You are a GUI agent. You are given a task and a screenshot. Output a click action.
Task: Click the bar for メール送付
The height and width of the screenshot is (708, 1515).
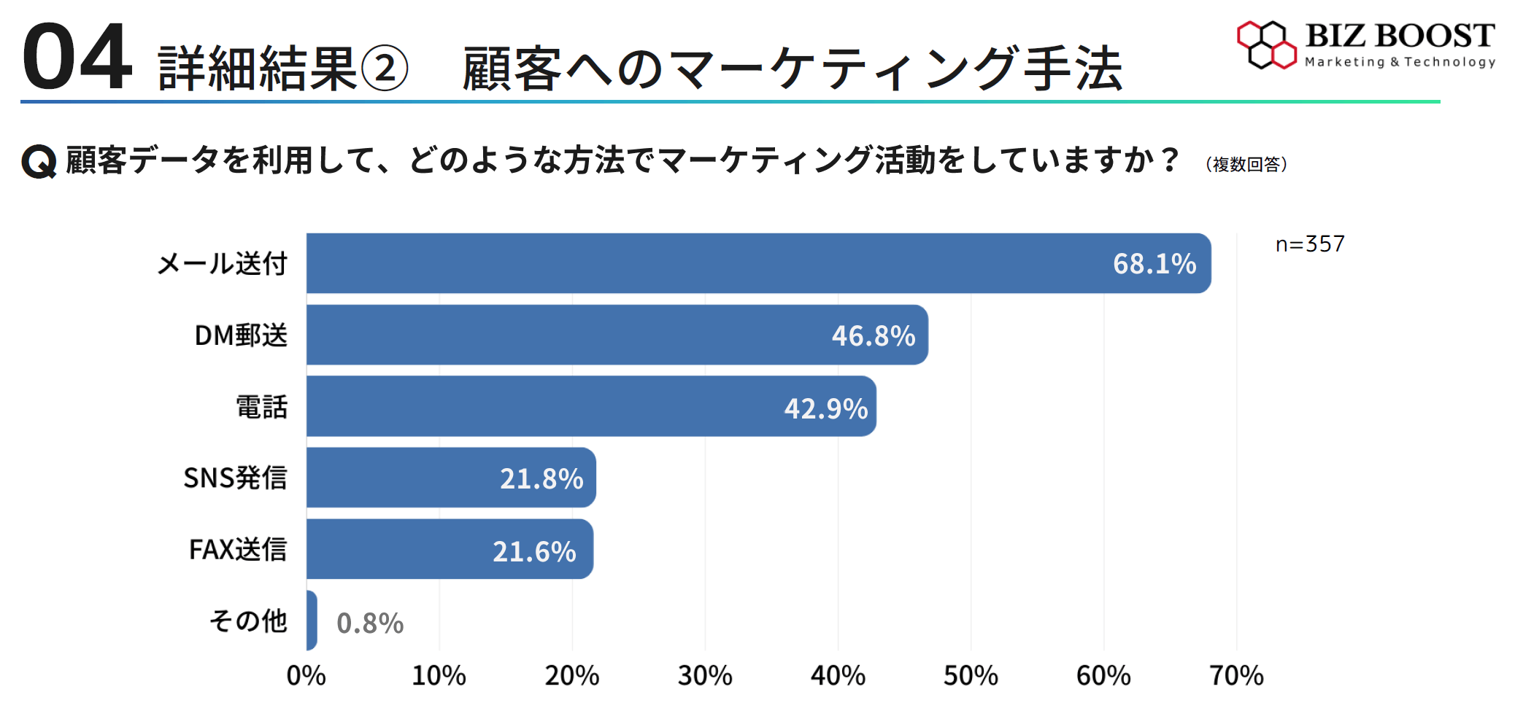coord(730,263)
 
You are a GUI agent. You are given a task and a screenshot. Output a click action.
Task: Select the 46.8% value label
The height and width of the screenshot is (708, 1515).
coord(873,336)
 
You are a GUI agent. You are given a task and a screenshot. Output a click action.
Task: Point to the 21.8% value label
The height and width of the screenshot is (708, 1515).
coord(541,479)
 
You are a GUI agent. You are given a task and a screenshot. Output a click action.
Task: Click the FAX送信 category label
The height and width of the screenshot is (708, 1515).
coord(238,549)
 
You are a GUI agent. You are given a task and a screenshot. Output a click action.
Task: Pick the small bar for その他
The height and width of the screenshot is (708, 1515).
coord(312,621)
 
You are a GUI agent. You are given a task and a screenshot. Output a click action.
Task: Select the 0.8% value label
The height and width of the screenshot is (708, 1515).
coord(370,623)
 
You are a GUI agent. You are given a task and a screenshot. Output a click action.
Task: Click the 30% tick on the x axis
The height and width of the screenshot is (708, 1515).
coord(705,676)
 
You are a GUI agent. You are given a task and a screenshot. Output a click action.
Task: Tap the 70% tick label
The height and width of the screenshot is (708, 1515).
coord(1236,676)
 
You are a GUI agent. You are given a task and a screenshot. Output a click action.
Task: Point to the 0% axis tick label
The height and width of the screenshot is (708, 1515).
coord(307,676)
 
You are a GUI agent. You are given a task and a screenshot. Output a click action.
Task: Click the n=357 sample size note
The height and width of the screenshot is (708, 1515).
coord(1309,244)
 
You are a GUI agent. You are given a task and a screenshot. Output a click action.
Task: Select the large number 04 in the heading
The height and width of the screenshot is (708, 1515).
coord(77,58)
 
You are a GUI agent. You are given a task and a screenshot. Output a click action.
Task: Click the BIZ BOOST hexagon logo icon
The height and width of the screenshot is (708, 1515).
coord(1266,45)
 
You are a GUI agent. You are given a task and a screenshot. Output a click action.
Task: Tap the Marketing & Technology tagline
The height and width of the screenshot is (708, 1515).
coord(1400,63)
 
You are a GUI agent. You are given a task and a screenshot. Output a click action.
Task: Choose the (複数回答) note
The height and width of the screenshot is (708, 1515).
coord(1246,165)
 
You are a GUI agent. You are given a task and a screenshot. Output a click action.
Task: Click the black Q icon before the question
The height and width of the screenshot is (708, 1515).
coord(39,161)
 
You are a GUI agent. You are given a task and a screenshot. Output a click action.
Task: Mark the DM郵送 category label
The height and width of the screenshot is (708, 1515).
coord(241,335)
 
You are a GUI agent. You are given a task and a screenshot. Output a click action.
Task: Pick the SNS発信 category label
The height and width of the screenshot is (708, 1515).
coord(235,478)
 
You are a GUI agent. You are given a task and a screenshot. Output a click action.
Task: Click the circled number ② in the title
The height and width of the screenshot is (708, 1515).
coord(385,69)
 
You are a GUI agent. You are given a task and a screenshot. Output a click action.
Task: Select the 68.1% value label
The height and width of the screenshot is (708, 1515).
coord(1154,264)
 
